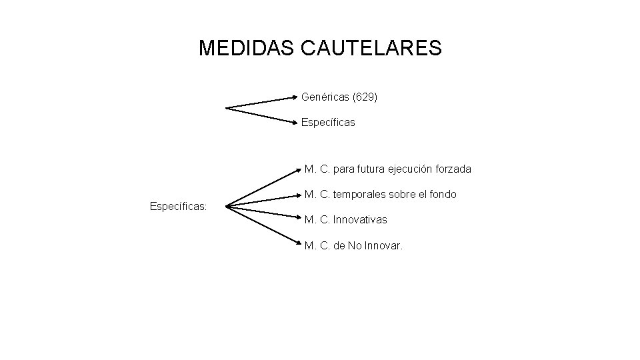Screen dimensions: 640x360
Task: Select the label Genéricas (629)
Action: (339, 97)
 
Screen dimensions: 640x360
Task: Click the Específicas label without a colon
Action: (328, 123)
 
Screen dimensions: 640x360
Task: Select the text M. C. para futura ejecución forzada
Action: (387, 169)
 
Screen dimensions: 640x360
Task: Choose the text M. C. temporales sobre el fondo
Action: (380, 195)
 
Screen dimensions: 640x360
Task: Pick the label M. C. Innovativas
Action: (345, 219)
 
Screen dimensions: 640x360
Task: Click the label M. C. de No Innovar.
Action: (353, 246)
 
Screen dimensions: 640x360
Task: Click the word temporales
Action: (359, 195)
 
